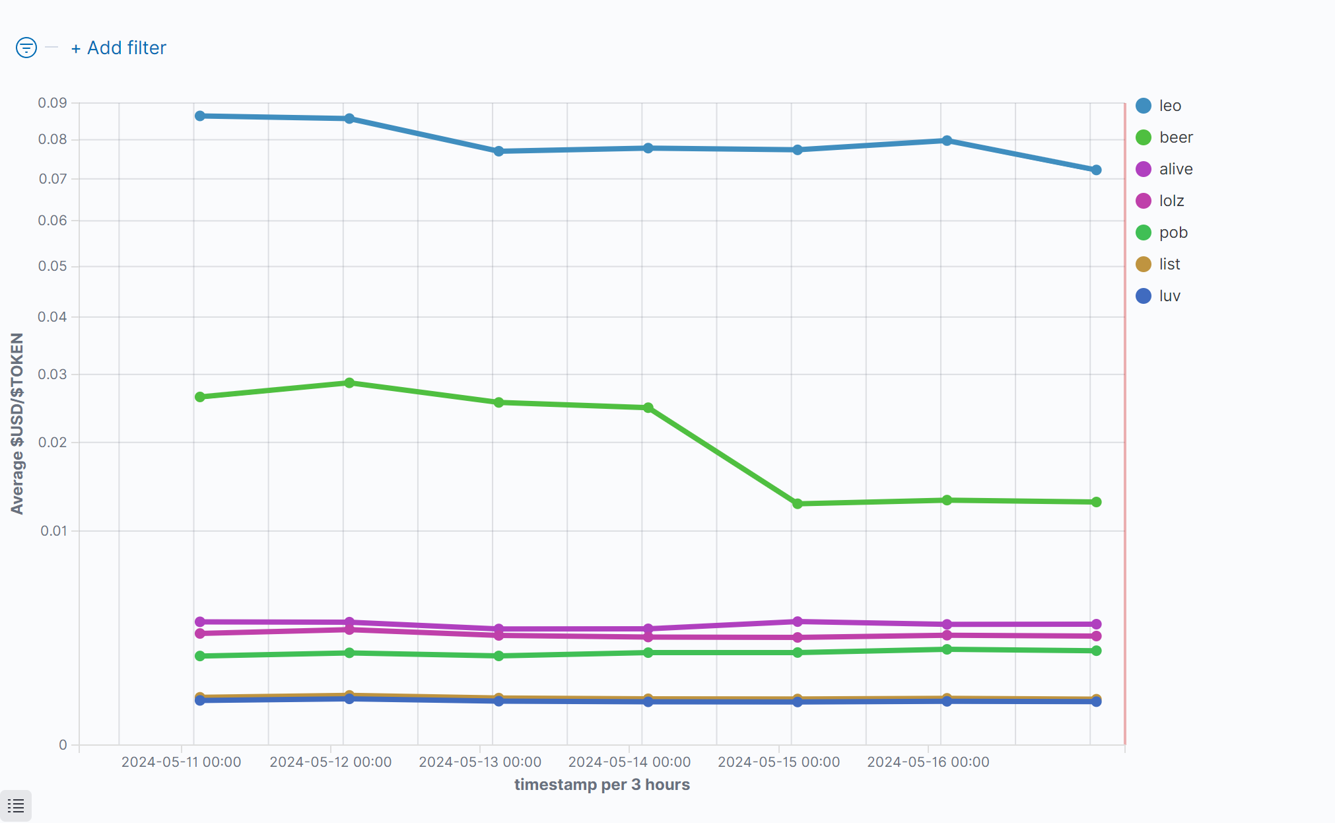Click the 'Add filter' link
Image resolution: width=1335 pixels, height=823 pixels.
coord(119,48)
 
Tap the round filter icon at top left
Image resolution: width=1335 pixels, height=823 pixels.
coord(26,48)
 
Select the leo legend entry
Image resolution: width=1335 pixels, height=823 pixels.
coord(1169,106)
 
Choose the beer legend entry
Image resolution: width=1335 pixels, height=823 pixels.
coord(1175,137)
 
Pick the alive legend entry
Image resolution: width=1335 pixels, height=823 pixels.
coord(1175,169)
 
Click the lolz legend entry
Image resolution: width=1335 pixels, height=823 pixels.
coord(1171,201)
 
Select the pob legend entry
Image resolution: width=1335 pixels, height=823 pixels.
coord(1173,233)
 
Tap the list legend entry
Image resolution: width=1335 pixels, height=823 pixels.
coord(1169,264)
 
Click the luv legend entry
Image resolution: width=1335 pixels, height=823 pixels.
coord(1169,296)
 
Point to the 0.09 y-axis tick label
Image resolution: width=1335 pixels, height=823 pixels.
coord(52,103)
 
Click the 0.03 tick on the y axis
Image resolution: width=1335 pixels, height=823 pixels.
coord(52,375)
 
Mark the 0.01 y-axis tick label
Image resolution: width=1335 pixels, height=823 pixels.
coord(53,531)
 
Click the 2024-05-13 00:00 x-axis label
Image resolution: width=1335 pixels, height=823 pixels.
coord(480,762)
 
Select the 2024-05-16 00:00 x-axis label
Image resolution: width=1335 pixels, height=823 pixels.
coord(928,762)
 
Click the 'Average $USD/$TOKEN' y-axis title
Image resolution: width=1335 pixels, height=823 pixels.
coord(17,423)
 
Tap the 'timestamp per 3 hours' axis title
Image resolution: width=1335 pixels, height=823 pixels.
coord(601,785)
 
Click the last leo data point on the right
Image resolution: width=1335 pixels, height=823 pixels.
coord(1096,170)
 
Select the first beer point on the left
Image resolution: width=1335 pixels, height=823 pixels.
coord(200,397)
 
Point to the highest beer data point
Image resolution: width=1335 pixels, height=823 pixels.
coord(349,383)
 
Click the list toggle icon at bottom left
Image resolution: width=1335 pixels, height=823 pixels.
coord(16,806)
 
